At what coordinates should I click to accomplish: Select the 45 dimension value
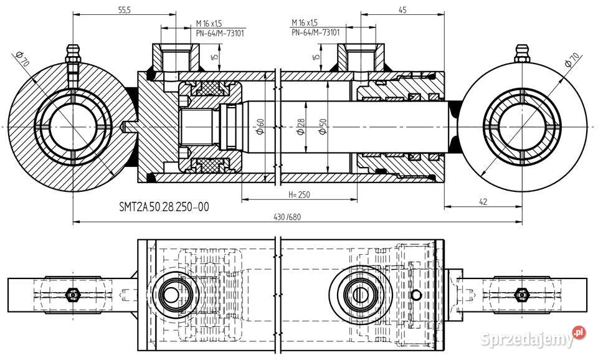pyautogui.click(x=402, y=11)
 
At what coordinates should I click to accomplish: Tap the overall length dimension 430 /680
pyautogui.click(x=287, y=216)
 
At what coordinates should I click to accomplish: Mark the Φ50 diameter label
pyautogui.click(x=322, y=130)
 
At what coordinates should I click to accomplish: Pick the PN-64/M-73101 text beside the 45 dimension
pyautogui.click(x=315, y=32)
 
